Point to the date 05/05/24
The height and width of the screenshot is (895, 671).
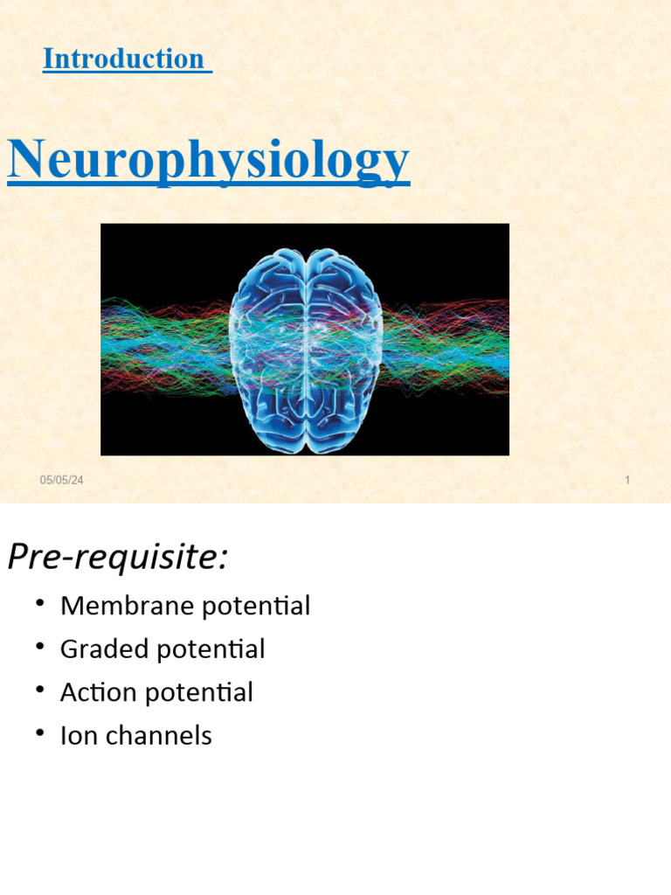[x=62, y=480]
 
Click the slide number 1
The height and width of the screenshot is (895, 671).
[x=627, y=480]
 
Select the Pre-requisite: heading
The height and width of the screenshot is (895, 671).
[x=117, y=557]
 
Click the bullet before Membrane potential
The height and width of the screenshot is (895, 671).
[x=40, y=603]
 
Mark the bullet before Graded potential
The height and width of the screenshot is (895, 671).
[x=40, y=647]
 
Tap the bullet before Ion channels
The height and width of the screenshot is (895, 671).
[x=40, y=733]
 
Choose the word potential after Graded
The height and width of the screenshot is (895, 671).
[x=212, y=649]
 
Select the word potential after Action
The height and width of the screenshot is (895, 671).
[x=200, y=693]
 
